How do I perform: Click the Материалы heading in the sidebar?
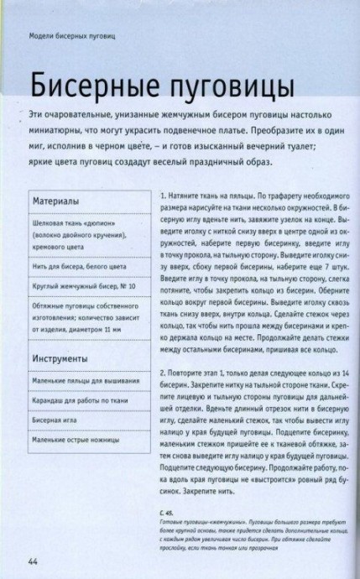pos(55,201)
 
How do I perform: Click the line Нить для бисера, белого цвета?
pos(79,266)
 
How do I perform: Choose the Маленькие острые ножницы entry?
pos(76,438)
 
